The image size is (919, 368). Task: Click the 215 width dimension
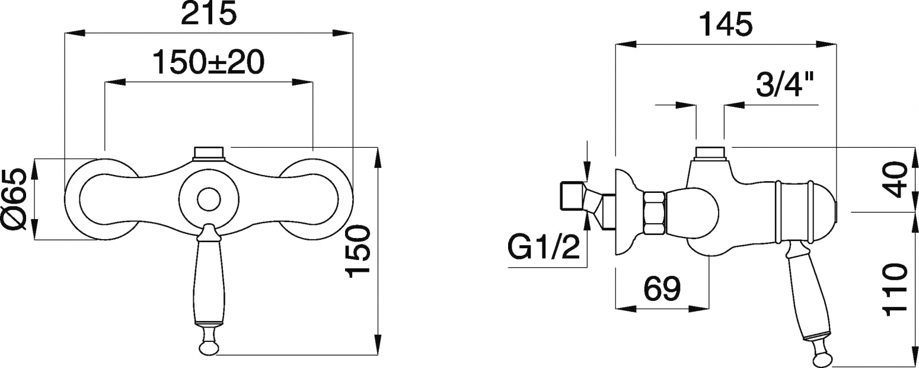209,15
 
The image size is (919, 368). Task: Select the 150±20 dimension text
209,62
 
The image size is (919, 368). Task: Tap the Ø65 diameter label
15,199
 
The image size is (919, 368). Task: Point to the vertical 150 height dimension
358,251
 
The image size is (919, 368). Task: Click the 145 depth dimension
726,24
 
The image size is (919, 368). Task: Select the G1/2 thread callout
544,246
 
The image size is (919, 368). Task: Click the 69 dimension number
662,288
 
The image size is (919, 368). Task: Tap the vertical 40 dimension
894,179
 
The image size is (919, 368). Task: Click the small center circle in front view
209,200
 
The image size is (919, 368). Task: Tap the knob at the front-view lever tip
209,346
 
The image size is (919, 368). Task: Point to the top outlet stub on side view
710,153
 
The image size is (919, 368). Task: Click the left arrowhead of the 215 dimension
75,33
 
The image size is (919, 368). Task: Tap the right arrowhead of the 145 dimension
825,44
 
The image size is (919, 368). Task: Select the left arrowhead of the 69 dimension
626,309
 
